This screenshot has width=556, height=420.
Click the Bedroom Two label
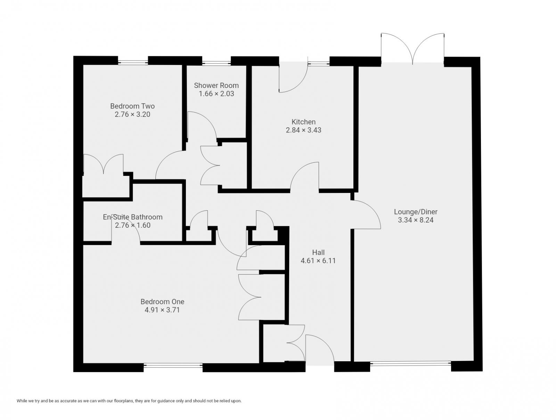click(x=132, y=106)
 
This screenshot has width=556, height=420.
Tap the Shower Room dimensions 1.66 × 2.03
click(x=216, y=94)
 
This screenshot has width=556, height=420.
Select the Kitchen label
click(x=303, y=122)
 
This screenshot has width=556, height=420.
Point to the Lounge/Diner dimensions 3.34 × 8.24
click(x=416, y=220)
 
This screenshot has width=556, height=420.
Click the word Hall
click(x=318, y=252)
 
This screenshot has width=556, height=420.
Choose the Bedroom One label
click(x=162, y=301)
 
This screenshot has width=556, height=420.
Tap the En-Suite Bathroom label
click(x=132, y=217)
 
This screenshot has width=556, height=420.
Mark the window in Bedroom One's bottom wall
click(x=173, y=365)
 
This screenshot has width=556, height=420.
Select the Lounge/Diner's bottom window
click(x=410, y=364)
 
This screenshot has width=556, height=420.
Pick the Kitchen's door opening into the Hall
click(x=305, y=177)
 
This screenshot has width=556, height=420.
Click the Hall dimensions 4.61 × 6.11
click(x=318, y=261)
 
